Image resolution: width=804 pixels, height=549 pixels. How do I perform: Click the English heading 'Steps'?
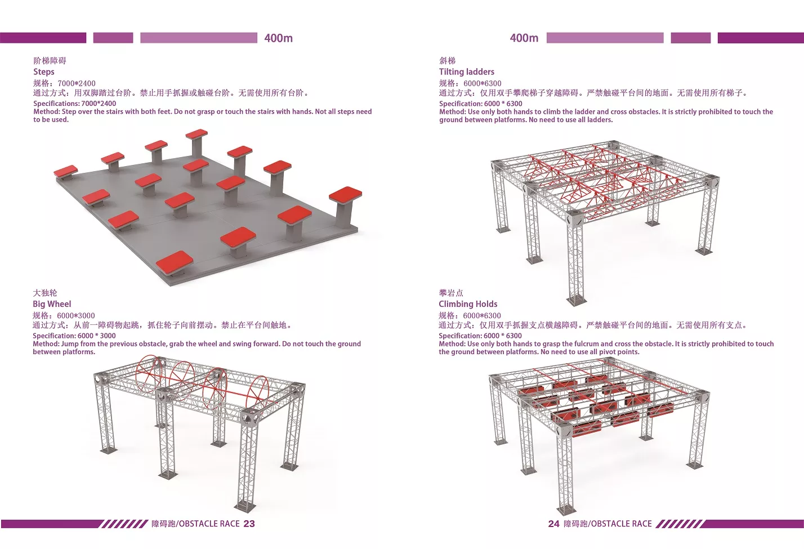(44, 72)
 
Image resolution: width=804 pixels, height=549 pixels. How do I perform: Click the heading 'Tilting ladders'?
(467, 72)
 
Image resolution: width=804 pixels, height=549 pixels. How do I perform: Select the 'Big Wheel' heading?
(52, 304)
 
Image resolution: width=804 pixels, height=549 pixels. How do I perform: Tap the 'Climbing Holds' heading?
(468, 304)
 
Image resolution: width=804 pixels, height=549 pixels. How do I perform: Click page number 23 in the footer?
(249, 524)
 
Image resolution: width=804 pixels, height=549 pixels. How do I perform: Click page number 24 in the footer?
(554, 524)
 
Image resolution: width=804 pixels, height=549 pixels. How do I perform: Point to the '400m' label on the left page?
(279, 38)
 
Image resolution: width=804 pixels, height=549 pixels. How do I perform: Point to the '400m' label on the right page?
(524, 38)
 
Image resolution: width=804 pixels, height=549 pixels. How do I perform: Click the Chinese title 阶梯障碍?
(50, 61)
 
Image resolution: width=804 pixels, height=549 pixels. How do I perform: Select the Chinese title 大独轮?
(45, 293)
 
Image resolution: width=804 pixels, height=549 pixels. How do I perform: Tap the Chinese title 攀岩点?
(451, 293)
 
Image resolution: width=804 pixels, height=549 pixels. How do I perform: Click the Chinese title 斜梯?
(447, 61)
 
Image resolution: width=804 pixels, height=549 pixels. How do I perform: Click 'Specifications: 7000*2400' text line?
(75, 104)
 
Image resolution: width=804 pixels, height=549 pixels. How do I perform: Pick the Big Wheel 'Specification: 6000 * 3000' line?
(74, 336)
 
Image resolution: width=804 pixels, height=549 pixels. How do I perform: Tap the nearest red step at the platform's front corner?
(175, 261)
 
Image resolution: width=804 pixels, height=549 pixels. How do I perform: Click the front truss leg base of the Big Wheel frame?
(245, 507)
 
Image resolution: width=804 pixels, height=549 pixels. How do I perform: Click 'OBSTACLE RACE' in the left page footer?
(209, 524)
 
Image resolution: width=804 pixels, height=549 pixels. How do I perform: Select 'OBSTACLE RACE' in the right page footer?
(622, 524)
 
